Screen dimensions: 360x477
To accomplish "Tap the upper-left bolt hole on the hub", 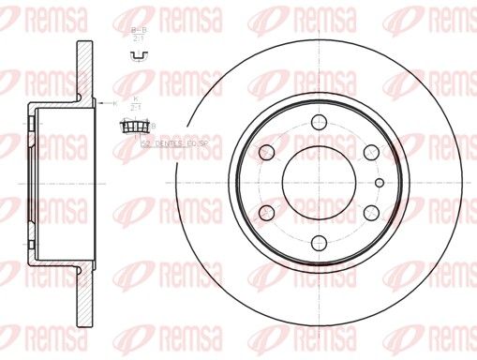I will pos(267,152).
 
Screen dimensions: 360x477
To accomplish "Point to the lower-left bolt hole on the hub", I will pos(267,213).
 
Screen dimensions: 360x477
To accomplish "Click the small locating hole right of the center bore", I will pos(379,182).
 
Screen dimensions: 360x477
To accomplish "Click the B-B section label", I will pos(137,32).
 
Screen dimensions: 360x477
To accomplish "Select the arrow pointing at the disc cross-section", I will pos(104,102).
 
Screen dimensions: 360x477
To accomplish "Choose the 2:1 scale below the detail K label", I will pos(137,108).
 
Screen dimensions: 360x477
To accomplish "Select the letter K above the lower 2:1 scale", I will pos(137,98).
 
